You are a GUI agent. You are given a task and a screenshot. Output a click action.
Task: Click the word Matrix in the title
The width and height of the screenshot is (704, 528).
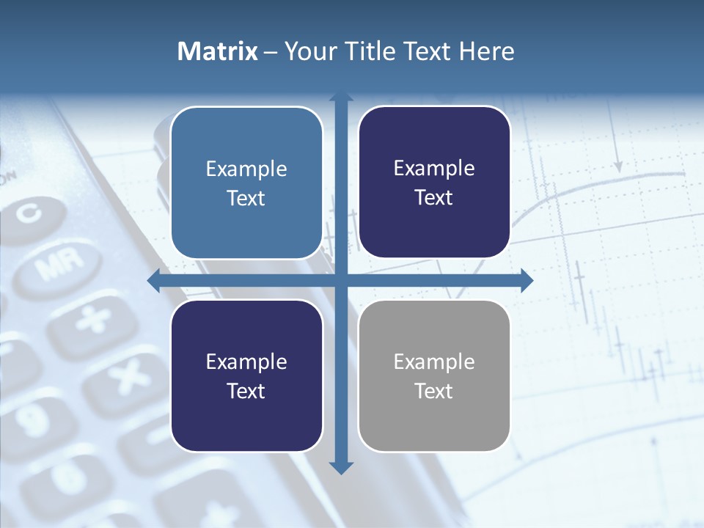point(217,51)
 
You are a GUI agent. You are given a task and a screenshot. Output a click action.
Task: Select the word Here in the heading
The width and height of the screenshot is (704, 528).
point(486,51)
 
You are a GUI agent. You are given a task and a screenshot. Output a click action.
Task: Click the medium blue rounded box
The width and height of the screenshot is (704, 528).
point(246,183)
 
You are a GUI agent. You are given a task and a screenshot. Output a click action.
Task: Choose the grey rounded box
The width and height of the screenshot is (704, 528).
point(434,375)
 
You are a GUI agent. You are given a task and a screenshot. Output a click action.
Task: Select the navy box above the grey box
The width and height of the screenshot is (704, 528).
point(434,182)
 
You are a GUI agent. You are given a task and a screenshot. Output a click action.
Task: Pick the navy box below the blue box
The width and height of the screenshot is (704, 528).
point(246,375)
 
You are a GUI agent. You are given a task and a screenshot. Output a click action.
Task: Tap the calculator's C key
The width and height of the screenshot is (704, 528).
point(30,213)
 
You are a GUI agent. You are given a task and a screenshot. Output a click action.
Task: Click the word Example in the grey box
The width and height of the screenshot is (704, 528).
point(434,362)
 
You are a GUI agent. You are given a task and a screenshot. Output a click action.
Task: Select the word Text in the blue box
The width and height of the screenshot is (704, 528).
point(246,198)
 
